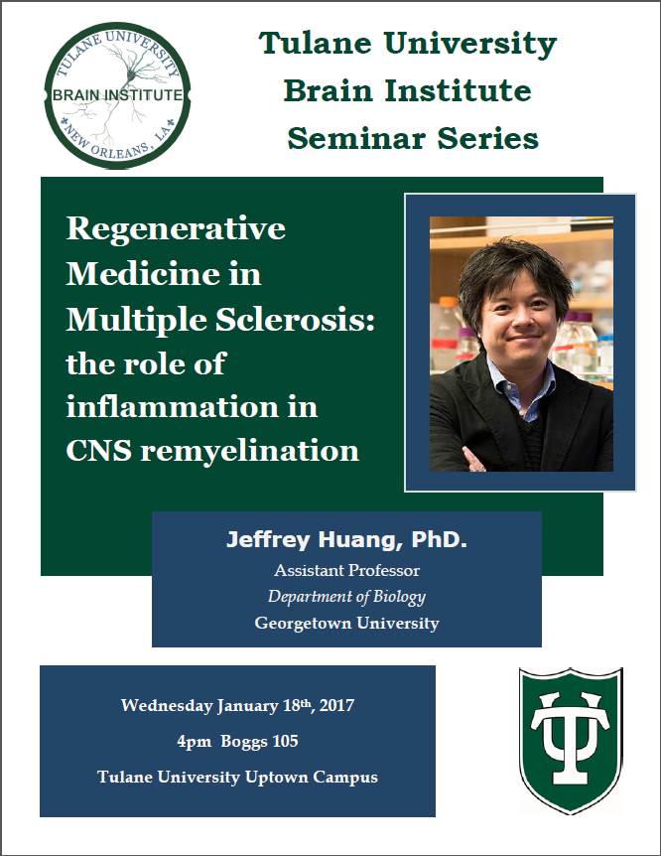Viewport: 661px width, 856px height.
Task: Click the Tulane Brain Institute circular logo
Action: coord(117,94)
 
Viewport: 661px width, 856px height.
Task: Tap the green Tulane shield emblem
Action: coord(570,741)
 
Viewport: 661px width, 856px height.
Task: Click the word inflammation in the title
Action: coord(193,407)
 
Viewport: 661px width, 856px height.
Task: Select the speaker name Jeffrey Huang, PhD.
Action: coord(345,543)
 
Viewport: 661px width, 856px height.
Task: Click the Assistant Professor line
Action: coord(346,571)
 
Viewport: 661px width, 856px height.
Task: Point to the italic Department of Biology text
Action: coord(346,597)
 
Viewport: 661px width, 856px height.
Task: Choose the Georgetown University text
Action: coord(346,624)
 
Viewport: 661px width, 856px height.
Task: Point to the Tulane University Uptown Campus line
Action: coord(237,777)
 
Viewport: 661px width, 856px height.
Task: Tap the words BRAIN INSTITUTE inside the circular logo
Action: coord(117,95)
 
